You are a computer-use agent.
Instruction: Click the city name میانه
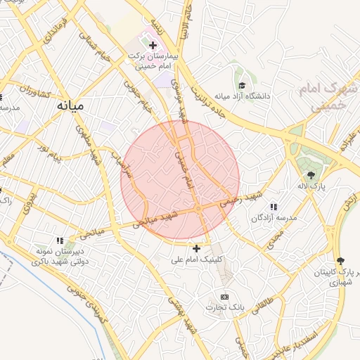click(x=70, y=105)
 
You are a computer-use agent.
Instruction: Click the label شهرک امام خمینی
click(x=328, y=97)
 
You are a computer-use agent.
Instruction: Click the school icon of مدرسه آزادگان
click(x=273, y=207)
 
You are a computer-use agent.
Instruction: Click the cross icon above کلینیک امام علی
click(x=196, y=247)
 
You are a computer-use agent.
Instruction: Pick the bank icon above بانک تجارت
click(x=224, y=297)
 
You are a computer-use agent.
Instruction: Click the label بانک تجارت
click(x=224, y=307)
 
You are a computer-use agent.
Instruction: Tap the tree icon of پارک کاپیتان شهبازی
click(x=341, y=260)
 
